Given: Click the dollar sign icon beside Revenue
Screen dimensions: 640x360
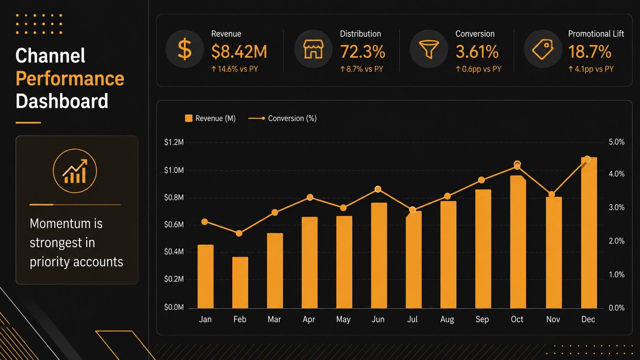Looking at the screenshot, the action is [x=184, y=49].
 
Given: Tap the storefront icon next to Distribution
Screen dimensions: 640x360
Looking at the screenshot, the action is [x=313, y=49].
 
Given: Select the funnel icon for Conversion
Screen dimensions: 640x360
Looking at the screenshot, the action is [x=429, y=49].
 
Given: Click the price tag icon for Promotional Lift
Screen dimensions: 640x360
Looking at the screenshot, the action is [x=543, y=49].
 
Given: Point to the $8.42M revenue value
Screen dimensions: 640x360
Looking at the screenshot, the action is [x=239, y=52].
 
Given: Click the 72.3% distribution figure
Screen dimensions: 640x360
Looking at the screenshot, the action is [x=362, y=52].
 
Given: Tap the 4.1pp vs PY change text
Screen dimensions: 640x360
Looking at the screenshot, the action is [x=591, y=69].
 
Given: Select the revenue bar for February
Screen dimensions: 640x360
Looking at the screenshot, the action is [x=240, y=283].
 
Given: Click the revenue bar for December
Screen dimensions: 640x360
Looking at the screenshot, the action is [x=589, y=233].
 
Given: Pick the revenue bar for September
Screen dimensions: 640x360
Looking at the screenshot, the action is [x=483, y=249].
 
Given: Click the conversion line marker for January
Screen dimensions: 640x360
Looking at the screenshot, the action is [x=204, y=222].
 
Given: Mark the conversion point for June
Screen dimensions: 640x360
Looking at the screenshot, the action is [x=378, y=189].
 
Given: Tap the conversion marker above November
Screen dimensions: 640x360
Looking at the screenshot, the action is [x=552, y=194].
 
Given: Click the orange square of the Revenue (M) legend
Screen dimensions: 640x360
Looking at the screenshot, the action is [x=189, y=118].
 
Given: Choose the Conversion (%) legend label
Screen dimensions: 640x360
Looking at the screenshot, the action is [x=292, y=119].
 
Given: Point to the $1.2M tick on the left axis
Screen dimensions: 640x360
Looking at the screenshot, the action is [x=174, y=142].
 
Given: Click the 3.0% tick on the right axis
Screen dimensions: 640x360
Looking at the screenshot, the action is [x=617, y=207].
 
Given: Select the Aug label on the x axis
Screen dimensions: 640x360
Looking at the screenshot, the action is [x=447, y=319].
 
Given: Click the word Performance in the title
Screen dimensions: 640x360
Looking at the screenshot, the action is [x=70, y=78].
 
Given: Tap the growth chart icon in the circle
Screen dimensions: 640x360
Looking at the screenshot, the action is [x=75, y=171].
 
